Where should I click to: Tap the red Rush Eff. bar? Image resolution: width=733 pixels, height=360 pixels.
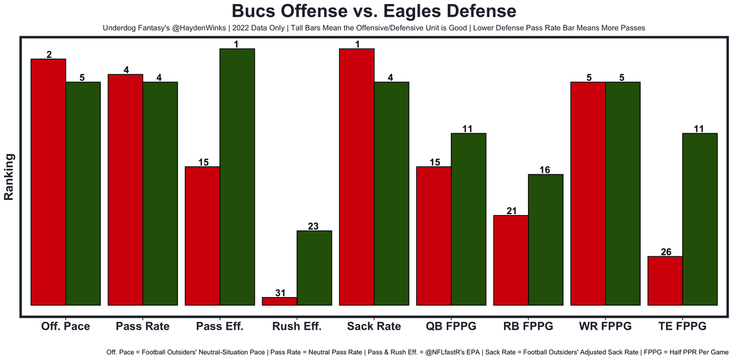tap(279, 301)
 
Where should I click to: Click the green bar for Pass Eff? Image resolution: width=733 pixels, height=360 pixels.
tap(237, 177)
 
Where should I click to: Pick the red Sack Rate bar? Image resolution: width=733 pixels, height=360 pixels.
tap(357, 177)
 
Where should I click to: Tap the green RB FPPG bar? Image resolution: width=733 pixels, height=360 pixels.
tap(546, 240)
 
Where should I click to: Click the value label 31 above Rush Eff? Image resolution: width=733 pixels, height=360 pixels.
tap(280, 293)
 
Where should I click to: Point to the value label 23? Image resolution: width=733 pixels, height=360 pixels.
tap(313, 226)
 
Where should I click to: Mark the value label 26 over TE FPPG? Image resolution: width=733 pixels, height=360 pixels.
tap(665, 252)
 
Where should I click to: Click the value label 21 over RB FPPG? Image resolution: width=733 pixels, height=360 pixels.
tap(511, 211)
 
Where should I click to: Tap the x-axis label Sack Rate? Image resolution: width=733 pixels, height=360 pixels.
tap(374, 326)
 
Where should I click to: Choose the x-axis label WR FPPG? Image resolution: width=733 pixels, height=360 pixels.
tap(605, 326)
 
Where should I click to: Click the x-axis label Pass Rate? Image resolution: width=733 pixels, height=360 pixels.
tap(143, 326)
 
